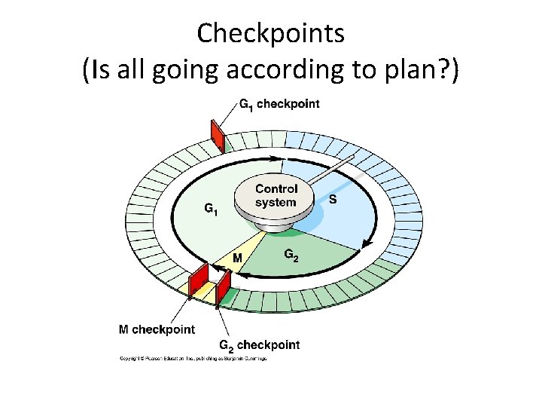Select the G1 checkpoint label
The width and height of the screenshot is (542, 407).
pos(279,104)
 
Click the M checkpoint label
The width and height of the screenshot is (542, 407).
pos(157,329)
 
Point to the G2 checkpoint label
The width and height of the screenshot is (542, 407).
pos(259,345)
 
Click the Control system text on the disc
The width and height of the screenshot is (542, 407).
pos(276,196)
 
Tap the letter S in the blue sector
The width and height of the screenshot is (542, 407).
pos(333,200)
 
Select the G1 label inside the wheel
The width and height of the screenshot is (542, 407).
pos(212,209)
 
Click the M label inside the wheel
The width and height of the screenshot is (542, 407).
pos(237,259)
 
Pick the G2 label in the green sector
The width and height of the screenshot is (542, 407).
pos(291,256)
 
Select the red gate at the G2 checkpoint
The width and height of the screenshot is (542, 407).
pos(224,286)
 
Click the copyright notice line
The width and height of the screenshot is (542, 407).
pos(194,359)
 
